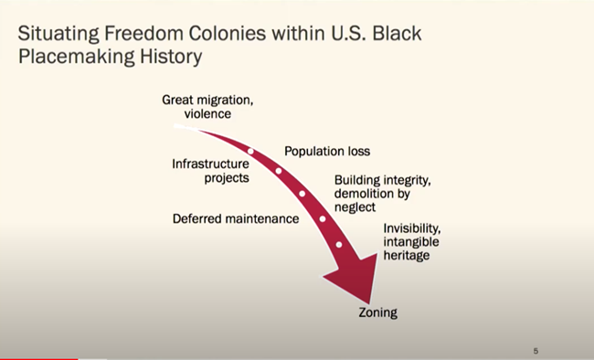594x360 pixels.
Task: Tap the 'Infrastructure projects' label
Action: click(x=210, y=171)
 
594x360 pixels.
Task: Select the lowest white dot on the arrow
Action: click(x=339, y=244)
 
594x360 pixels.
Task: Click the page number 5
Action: click(x=536, y=349)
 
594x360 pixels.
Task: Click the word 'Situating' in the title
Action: click(x=60, y=34)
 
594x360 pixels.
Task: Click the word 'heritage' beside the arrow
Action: click(x=407, y=255)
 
